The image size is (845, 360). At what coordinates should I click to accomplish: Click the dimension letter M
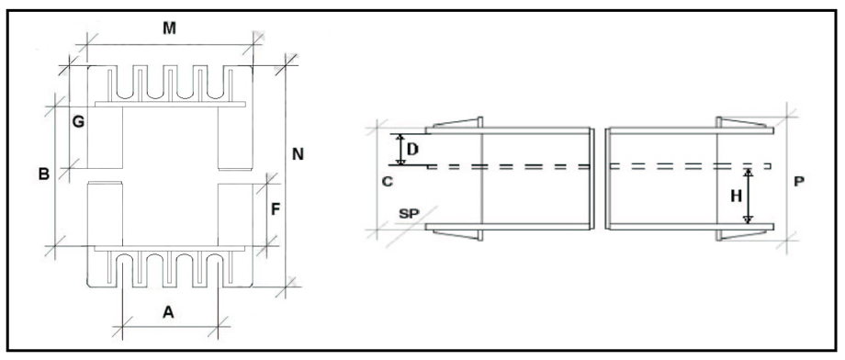point(170,28)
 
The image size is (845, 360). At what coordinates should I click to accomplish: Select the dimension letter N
point(298,154)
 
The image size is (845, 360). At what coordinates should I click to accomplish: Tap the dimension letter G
point(78,122)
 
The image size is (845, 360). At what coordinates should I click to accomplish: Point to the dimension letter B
point(44,174)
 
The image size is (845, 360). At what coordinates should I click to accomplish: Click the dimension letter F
point(276,209)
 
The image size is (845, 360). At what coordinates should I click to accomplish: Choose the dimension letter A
point(169,311)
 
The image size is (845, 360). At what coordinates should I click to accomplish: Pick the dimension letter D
point(412,150)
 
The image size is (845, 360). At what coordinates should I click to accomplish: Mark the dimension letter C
point(387,182)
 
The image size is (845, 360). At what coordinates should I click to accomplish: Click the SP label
point(410,213)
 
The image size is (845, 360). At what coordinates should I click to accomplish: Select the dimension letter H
point(736,197)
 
